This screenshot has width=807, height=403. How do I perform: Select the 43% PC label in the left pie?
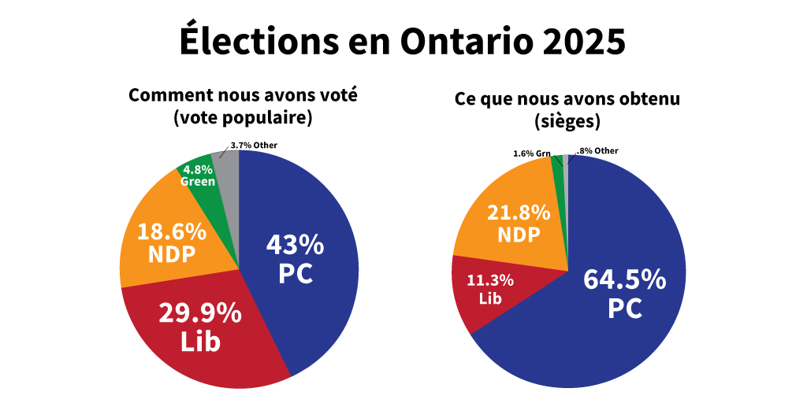click(295, 259)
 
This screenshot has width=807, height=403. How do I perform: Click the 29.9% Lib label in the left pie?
click(200, 327)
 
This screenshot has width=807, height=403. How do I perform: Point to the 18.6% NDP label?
click(172, 243)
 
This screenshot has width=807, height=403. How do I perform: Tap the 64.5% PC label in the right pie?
click(624, 294)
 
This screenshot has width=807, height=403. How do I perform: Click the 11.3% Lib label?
click(490, 289)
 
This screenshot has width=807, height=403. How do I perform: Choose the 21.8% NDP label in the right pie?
click(518, 224)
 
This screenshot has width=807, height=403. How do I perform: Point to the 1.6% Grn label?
click(532, 153)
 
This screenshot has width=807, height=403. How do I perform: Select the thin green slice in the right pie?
click(559, 165)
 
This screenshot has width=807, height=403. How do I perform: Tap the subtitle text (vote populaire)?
click(243, 118)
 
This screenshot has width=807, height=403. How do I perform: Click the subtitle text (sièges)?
click(567, 122)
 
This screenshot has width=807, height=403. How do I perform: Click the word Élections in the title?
click(248, 41)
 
